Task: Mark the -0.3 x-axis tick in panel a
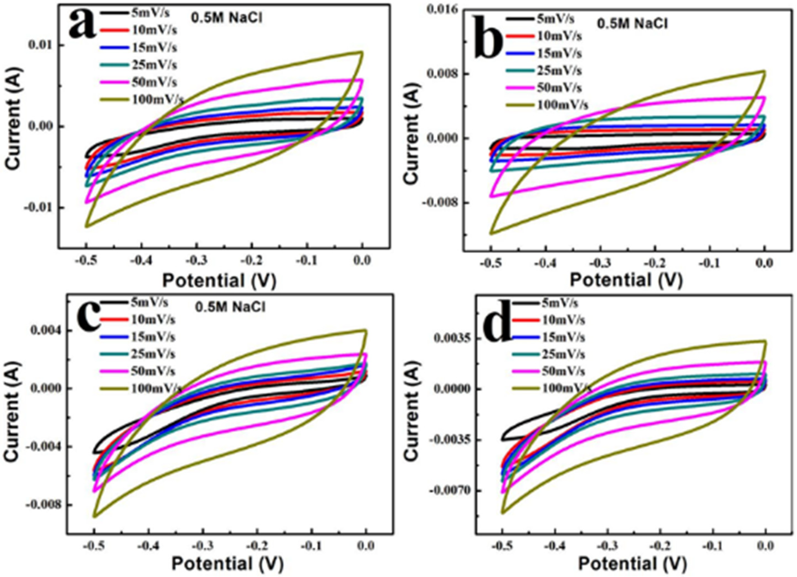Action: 197,261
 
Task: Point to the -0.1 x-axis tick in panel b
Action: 710,263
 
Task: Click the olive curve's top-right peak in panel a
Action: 362,52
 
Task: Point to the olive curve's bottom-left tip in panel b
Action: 491,233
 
